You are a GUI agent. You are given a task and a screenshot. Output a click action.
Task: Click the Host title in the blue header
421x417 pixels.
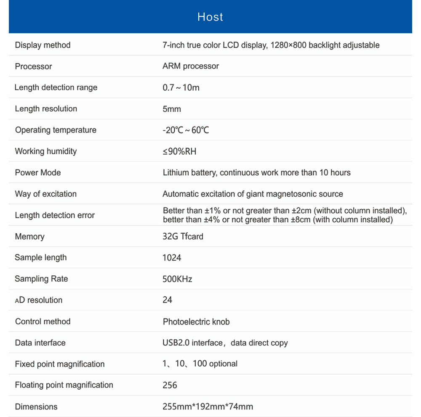click(210, 17)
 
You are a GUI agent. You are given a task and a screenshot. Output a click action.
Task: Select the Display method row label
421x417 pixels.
click(43, 45)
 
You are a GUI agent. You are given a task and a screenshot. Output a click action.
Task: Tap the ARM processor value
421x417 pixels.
click(191, 66)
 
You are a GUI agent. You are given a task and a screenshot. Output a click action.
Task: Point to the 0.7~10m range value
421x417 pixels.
click(181, 87)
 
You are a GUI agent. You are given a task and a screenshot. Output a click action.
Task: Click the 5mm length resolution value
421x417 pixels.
click(172, 109)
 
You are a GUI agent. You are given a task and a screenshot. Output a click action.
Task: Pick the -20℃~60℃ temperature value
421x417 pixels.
click(186, 130)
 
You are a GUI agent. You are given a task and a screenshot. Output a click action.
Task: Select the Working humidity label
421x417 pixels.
click(46, 151)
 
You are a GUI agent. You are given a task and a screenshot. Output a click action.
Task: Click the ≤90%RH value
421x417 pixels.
click(179, 151)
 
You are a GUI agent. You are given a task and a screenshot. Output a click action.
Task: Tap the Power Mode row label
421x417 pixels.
click(38, 172)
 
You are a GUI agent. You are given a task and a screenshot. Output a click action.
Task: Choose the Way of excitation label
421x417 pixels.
click(46, 194)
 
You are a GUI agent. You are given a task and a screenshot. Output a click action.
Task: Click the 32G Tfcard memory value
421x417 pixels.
click(183, 236)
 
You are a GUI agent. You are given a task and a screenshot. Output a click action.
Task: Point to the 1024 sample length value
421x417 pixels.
click(172, 257)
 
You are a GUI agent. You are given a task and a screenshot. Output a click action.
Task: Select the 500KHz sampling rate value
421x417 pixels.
click(177, 279)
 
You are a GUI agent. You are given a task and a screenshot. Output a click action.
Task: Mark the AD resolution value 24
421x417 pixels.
click(167, 300)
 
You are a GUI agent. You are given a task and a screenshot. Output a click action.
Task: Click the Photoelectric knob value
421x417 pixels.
click(196, 322)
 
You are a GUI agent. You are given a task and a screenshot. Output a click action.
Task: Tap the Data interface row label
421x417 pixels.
click(40, 343)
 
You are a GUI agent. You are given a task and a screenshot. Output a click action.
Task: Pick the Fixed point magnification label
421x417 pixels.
click(60, 364)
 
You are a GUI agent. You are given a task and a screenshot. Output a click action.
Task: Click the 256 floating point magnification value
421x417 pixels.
click(170, 385)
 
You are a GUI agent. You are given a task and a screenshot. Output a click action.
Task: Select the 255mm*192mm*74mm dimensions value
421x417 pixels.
click(208, 406)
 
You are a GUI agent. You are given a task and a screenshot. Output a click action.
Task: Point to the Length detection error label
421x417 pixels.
click(55, 215)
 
